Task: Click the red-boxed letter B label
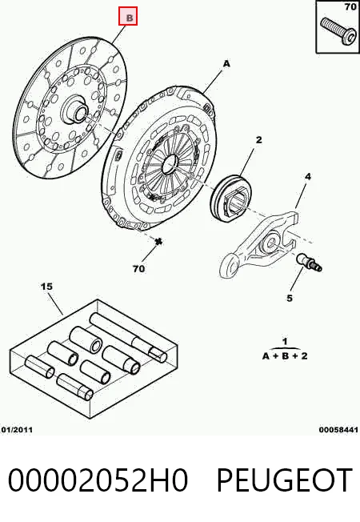click(128, 16)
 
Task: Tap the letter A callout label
click(226, 63)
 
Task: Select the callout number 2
click(259, 140)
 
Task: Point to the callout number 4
click(308, 177)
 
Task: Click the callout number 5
click(290, 298)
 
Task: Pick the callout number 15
click(47, 287)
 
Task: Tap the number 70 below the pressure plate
click(138, 268)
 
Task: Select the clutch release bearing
click(231, 198)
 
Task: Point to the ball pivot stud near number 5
click(309, 261)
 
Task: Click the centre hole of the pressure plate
click(170, 163)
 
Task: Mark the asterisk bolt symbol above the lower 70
click(158, 241)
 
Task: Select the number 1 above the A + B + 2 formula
click(285, 342)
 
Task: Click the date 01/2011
click(17, 430)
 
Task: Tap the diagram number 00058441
click(338, 430)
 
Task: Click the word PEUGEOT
click(285, 480)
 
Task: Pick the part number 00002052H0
click(98, 480)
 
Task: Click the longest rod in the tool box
click(128, 337)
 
